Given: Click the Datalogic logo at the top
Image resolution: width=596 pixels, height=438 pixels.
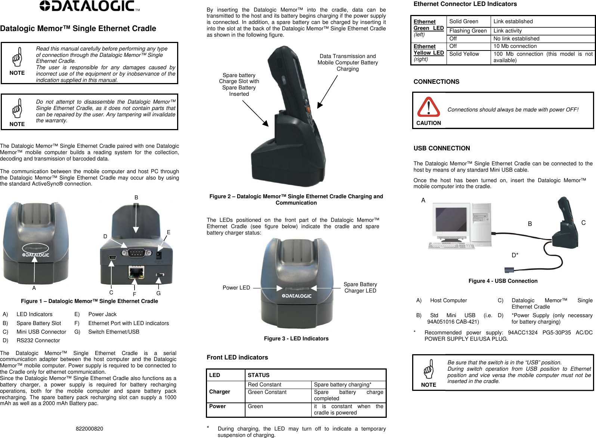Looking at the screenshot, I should point(90,6).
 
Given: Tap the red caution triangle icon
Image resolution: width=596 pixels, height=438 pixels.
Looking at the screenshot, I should point(428,107).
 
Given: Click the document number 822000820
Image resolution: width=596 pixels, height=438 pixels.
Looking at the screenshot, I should point(89,429).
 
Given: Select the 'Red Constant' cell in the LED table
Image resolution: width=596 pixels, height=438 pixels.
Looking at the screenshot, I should point(265,385).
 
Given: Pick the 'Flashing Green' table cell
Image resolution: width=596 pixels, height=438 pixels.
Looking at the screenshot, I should point(468,31).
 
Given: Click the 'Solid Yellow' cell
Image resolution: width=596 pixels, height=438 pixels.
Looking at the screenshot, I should point(464,54).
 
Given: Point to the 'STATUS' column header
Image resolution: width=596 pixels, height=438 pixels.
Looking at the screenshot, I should point(259,375).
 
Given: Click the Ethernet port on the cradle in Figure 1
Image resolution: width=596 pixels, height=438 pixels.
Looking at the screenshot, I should point(136,272).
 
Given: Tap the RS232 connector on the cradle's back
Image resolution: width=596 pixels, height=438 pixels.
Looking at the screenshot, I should point(137,253).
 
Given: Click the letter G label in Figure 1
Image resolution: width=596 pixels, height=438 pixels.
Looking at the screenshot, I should point(158,293).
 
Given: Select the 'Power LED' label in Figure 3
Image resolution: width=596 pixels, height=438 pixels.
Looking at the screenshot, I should point(236,288).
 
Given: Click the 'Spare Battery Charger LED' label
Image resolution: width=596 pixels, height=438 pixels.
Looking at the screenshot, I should point(360,287).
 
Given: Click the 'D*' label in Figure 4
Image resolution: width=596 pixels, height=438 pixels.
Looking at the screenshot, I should point(515,255).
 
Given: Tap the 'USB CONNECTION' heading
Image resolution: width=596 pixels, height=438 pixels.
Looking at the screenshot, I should point(442,148).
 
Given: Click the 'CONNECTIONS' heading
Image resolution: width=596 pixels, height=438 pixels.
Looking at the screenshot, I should point(436,82).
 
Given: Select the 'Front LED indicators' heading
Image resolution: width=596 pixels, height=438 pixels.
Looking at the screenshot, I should point(237,357).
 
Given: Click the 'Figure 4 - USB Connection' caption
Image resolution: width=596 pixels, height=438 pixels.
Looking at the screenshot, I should point(503,281).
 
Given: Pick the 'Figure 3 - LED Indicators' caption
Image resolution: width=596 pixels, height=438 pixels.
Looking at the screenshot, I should point(296,339).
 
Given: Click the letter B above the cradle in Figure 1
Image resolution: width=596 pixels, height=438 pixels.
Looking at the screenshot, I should point(136,197).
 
